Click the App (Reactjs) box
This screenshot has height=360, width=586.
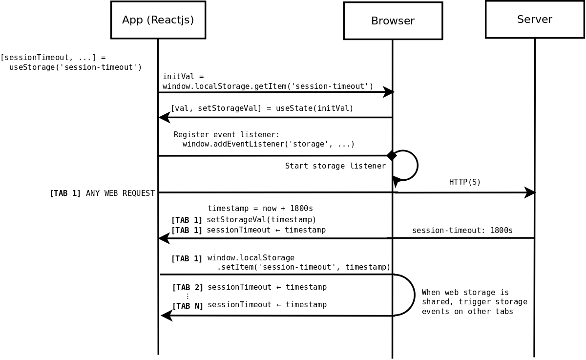[158, 20]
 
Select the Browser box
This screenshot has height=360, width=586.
[393, 21]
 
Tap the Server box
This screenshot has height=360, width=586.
[534, 20]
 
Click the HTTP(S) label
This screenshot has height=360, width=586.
[465, 182]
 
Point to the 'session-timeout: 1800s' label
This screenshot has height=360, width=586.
[462, 231]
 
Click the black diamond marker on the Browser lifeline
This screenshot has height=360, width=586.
[392, 155]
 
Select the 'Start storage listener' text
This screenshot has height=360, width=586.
[335, 166]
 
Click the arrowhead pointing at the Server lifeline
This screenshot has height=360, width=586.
[530, 192]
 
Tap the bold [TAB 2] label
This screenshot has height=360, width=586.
[188, 288]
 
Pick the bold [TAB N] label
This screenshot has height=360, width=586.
[188, 306]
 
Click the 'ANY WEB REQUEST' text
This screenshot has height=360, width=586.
[120, 193]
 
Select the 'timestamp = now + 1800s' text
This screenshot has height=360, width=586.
[260, 209]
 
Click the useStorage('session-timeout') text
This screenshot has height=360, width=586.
[75, 67]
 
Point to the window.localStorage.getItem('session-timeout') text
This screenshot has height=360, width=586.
[268, 86]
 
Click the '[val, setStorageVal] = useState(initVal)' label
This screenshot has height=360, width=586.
[261, 108]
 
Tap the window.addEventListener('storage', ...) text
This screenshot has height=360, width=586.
[268, 144]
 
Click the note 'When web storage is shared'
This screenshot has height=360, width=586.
[474, 302]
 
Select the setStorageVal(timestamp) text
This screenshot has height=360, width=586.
[261, 220]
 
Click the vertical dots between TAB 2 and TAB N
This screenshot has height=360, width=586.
[188, 296]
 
